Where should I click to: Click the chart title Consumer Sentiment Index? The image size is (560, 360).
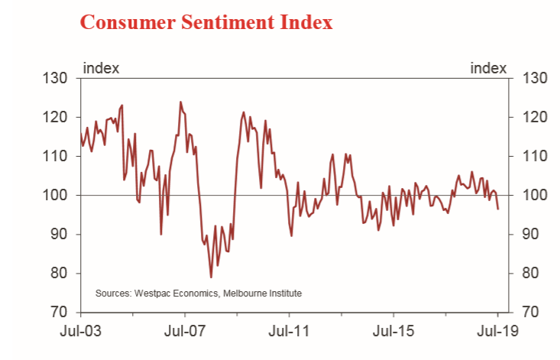pyautogui.click(x=206, y=21)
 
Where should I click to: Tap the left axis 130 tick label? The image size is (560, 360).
pyautogui.click(x=58, y=78)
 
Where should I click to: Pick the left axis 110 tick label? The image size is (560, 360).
pyautogui.click(x=58, y=156)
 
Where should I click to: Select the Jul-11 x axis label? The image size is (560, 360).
pyautogui.click(x=289, y=332)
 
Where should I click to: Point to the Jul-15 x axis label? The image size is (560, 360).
pyautogui.click(x=393, y=332)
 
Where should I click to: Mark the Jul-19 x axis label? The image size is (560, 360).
pyautogui.click(x=497, y=332)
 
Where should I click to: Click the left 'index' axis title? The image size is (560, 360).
pyautogui.click(x=100, y=67)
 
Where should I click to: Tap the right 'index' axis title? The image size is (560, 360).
pyautogui.click(x=488, y=67)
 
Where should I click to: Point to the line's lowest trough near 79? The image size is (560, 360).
pyautogui.click(x=211, y=277)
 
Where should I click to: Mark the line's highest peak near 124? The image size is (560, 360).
pyautogui.click(x=180, y=102)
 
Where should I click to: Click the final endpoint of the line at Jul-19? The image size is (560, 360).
pyautogui.click(x=498, y=209)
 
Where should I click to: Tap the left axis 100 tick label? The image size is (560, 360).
pyautogui.click(x=58, y=195)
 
